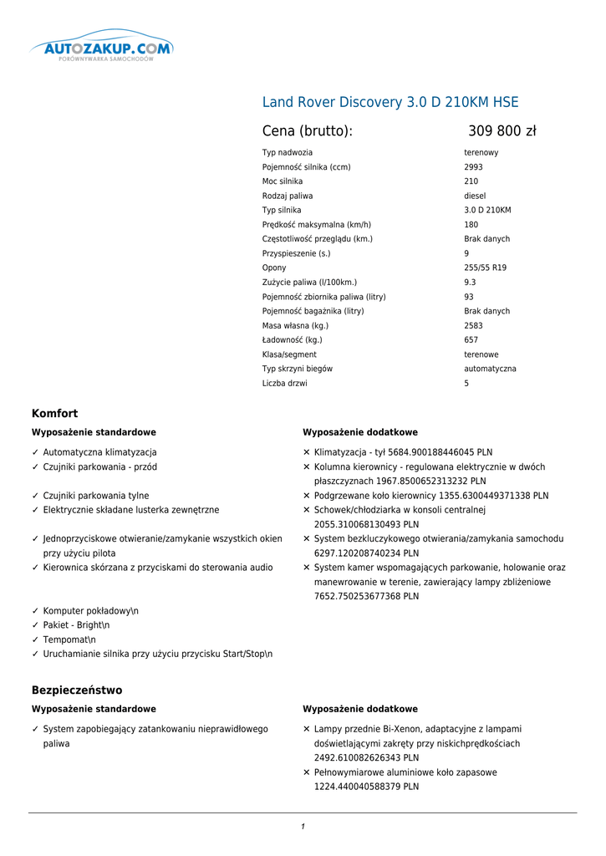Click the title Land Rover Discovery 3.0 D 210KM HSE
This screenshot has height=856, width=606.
[390, 103]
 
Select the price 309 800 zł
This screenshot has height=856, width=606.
[502, 131]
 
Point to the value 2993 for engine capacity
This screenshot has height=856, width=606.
[473, 167]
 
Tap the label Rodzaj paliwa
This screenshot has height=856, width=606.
[287, 196]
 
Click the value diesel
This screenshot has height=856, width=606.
[475, 196]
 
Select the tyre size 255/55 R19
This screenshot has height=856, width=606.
[485, 267]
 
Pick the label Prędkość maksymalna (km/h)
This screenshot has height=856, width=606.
[317, 225]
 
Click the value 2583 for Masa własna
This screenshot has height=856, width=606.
[473, 325]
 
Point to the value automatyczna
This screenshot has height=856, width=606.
[490, 369]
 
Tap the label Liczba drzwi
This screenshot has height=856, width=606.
[284, 383]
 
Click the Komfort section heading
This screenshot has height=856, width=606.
[54, 414]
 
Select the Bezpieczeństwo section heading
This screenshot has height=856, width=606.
[77, 690]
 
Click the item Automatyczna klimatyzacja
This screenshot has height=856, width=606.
[99, 452]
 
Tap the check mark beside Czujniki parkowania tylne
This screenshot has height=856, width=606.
[36, 496]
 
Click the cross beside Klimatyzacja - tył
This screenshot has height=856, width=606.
[307, 452]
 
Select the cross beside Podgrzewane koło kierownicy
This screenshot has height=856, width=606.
[307, 496]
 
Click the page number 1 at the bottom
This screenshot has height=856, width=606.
[303, 827]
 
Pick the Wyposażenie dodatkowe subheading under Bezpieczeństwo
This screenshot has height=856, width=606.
[360, 709]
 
